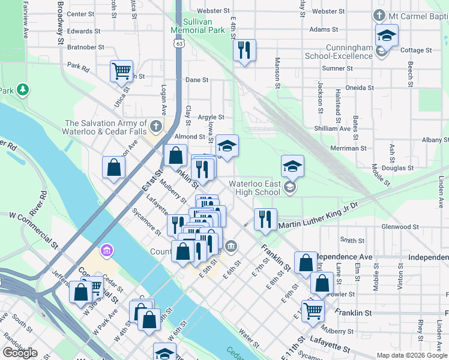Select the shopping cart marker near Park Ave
[121, 71]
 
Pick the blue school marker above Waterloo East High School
[292, 166]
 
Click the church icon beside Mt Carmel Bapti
[379, 14]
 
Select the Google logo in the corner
[20, 353]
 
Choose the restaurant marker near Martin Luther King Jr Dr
[265, 219]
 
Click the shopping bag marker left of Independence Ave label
[306, 262]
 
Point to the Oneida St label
[360, 88]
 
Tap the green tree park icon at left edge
[23, 90]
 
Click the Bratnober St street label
[86, 47]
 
